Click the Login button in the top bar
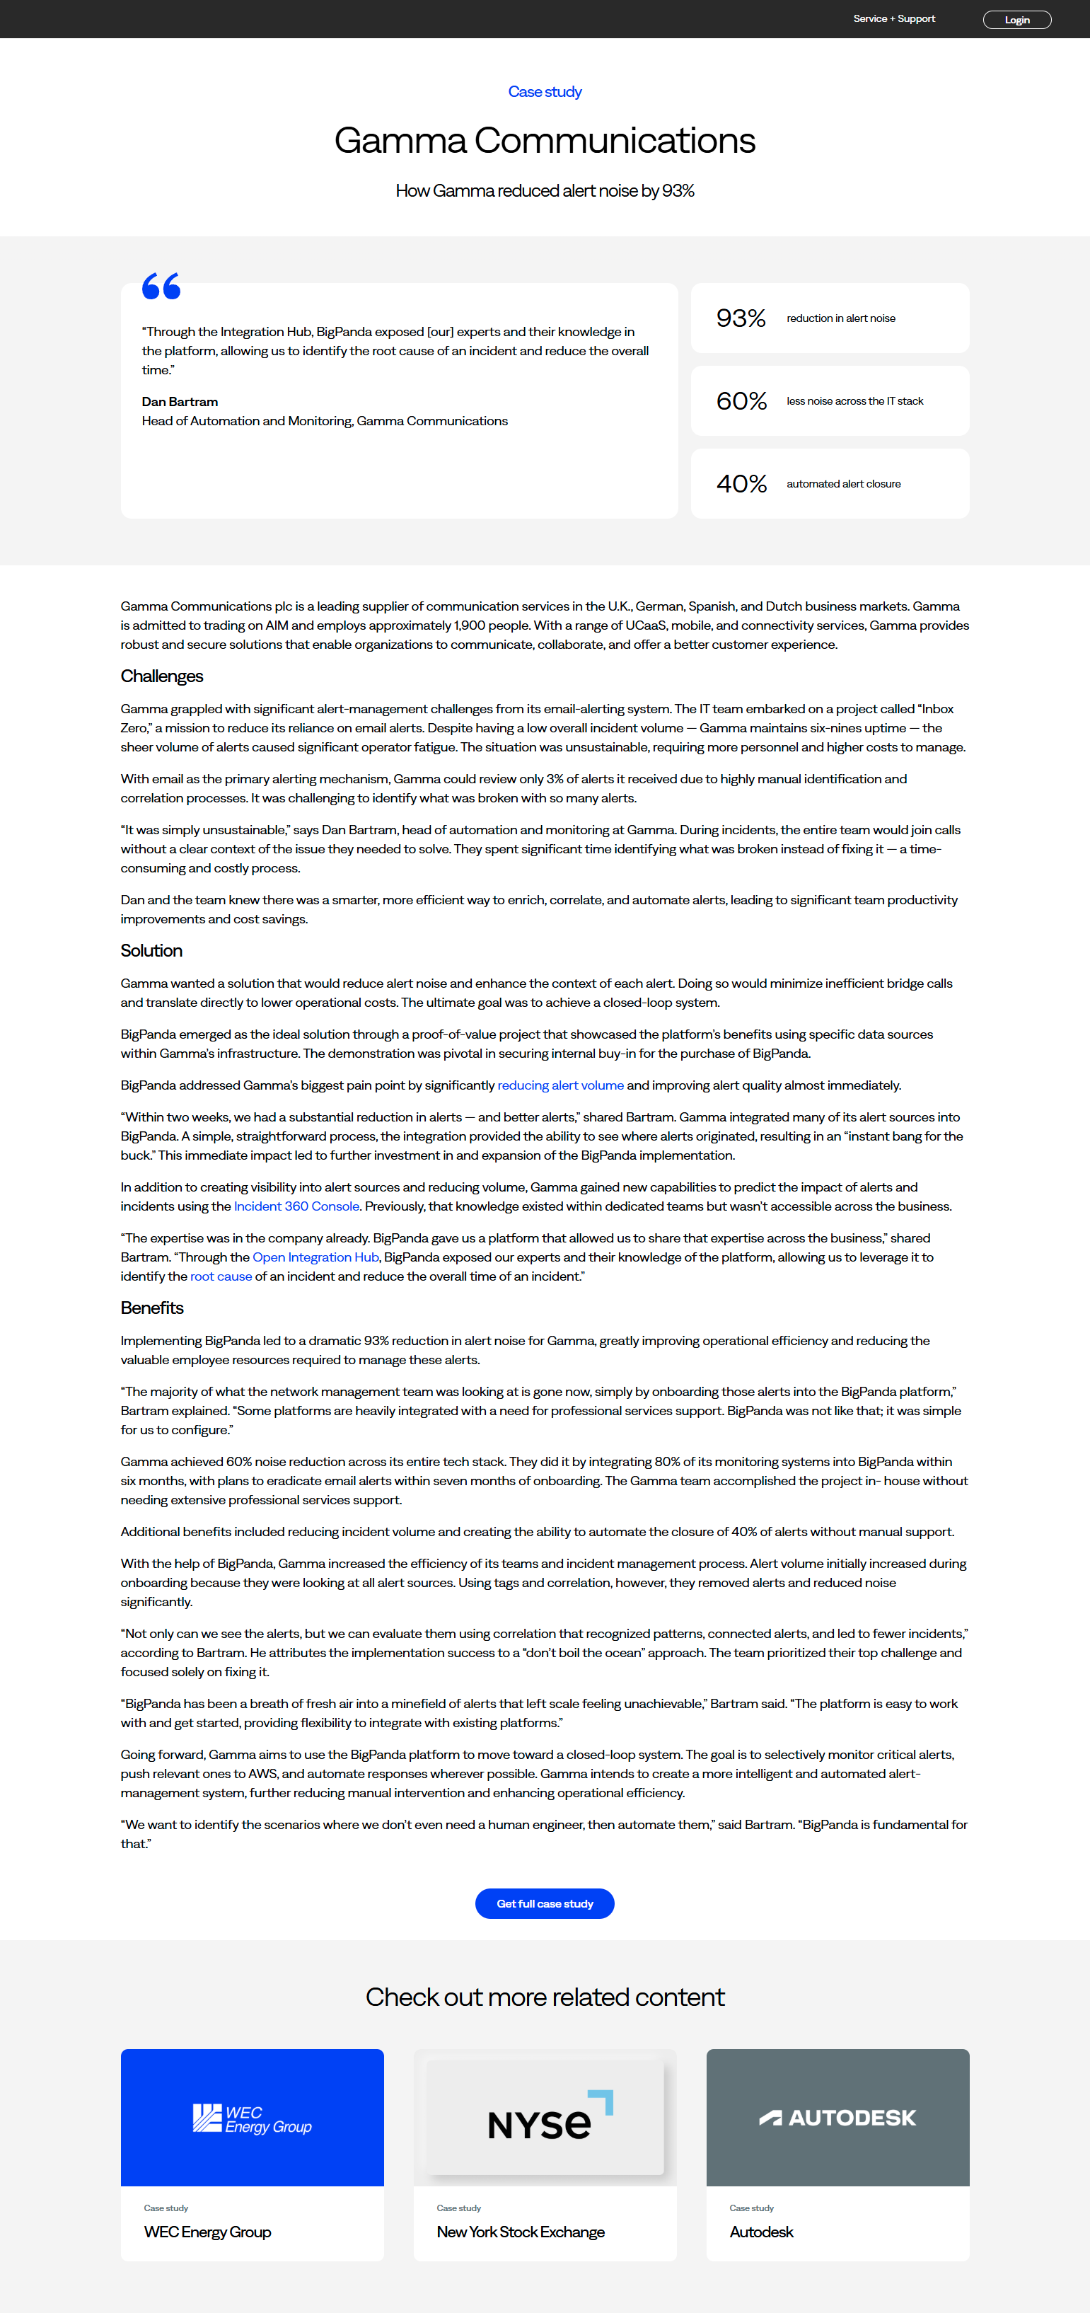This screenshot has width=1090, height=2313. click(1016, 20)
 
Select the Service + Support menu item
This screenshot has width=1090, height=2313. click(893, 19)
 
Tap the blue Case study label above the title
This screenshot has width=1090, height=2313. click(545, 91)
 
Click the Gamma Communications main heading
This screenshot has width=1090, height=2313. click(545, 141)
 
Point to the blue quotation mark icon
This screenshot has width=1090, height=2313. click(161, 286)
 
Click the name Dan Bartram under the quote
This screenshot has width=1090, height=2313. click(180, 401)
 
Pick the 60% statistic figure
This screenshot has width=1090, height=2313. click(741, 400)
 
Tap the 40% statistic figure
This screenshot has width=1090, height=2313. click(741, 483)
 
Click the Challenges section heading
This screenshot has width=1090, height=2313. click(161, 676)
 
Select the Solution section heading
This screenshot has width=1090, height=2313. click(152, 950)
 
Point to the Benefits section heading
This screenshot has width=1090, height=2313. click(152, 1308)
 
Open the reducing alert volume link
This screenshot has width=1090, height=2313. click(560, 1085)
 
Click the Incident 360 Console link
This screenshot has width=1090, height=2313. click(296, 1206)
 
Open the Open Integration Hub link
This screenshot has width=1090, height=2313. click(316, 1257)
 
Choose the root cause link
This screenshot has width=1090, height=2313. click(221, 1276)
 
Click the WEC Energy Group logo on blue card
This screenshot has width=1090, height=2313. click(253, 2118)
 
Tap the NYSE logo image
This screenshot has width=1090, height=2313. click(545, 2119)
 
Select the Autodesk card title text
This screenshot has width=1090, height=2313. click(761, 2232)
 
